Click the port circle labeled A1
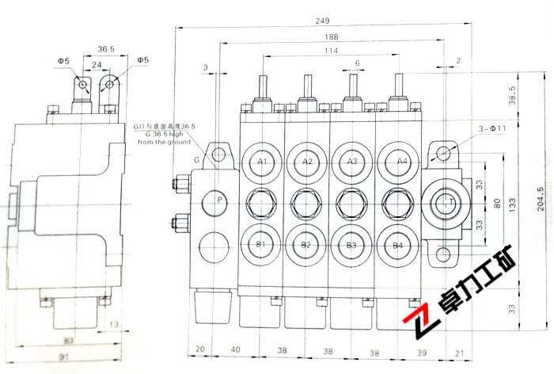point(262,162)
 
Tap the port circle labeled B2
point(307,245)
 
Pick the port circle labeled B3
point(352,245)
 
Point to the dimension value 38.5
point(512,95)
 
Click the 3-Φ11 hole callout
point(493,128)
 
